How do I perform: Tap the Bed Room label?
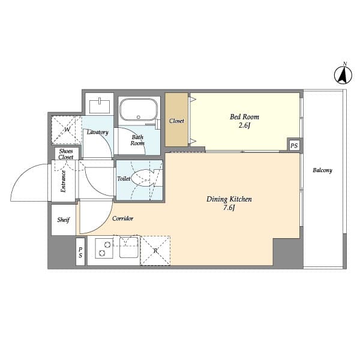[245, 117]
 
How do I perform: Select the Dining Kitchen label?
[229, 199]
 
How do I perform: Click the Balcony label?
[322, 170]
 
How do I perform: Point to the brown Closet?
[176, 120]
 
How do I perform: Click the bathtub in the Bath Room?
[138, 110]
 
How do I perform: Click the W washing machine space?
[67, 130]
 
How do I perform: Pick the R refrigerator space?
[155, 251]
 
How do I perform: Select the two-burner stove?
[104, 250]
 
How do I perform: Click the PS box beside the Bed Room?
[294, 146]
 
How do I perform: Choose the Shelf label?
[64, 220]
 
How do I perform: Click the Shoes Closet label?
[66, 154]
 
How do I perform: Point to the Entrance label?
[63, 181]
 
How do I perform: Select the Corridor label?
[122, 218]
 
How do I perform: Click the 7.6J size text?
[229, 208]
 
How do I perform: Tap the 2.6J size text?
[244, 125]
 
